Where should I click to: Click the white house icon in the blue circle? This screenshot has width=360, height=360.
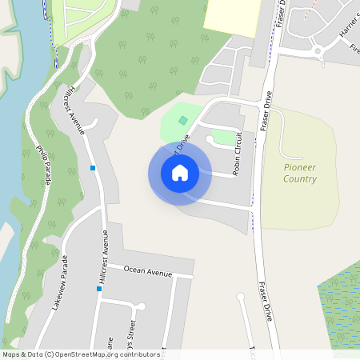click(x=180, y=173)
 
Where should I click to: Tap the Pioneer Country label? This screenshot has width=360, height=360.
click(x=300, y=173)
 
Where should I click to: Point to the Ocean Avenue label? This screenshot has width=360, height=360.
click(x=148, y=272)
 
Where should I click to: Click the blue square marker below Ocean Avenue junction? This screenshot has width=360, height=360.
click(x=99, y=289)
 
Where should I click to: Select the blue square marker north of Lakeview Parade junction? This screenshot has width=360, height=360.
click(x=93, y=168)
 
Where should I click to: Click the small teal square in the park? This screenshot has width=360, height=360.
click(x=183, y=120)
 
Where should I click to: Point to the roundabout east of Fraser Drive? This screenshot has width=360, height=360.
click(x=318, y=51)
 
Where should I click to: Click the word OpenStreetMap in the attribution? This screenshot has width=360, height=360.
click(x=85, y=354)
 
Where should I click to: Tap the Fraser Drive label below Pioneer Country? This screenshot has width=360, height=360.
click(x=266, y=300)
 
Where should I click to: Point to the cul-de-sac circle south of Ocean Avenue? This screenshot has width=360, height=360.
click(x=141, y=306)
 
